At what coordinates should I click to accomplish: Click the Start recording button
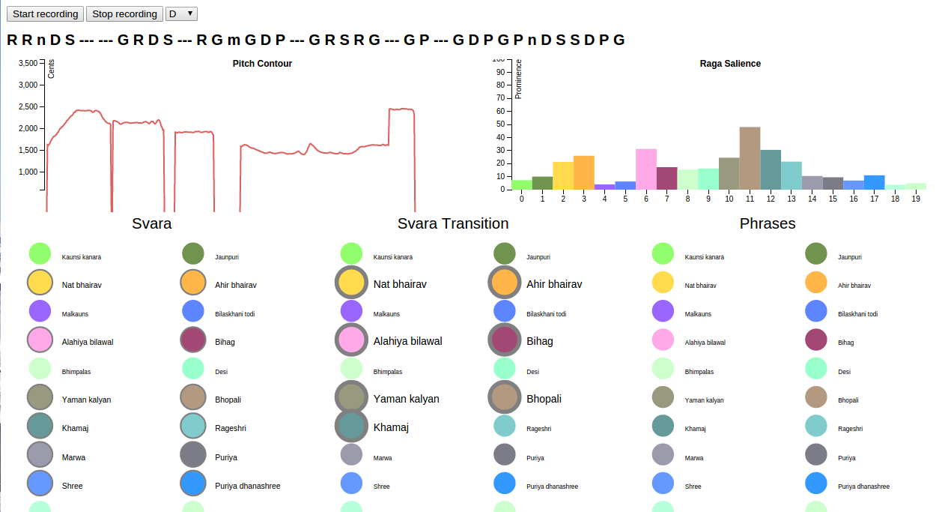pyautogui.click(x=45, y=14)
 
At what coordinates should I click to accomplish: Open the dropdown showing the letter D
pyautogui.click(x=181, y=14)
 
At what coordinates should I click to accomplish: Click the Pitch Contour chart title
pyautogui.click(x=262, y=64)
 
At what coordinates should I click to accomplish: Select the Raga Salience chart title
pyautogui.click(x=730, y=64)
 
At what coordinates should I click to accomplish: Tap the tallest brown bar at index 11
pyautogui.click(x=750, y=158)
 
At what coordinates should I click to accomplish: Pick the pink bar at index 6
pyautogui.click(x=646, y=169)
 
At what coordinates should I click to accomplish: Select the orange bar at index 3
pyautogui.click(x=584, y=172)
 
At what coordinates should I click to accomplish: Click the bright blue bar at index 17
pyautogui.click(x=874, y=182)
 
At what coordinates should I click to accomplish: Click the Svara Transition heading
pyautogui.click(x=453, y=223)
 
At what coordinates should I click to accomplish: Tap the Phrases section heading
pyautogui.click(x=768, y=223)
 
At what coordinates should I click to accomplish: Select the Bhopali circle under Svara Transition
pyautogui.click(x=504, y=398)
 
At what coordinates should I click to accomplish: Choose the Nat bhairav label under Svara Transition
pyautogui.click(x=400, y=285)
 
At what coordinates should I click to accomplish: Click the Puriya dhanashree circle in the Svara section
pyautogui.click(x=193, y=484)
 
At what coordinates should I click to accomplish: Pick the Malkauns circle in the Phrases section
pyautogui.click(x=663, y=311)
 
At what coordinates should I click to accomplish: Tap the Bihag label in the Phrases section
pyautogui.click(x=845, y=343)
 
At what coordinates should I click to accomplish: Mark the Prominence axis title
pyautogui.click(x=518, y=79)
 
